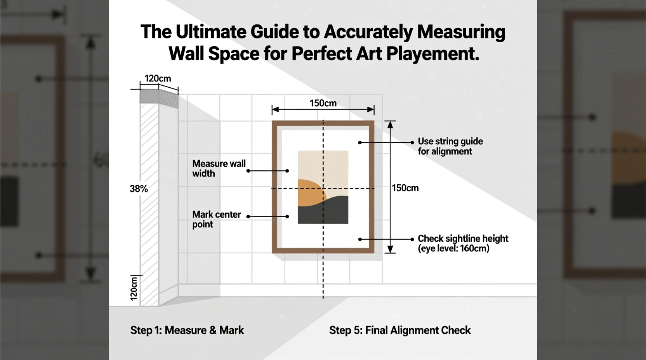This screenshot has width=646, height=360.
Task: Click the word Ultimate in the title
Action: click(210, 32)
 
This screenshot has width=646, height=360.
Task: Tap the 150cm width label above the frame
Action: click(323, 103)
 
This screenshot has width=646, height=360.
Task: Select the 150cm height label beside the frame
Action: click(405, 188)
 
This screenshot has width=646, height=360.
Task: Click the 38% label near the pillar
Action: click(139, 189)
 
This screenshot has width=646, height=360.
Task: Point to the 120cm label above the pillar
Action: click(158, 78)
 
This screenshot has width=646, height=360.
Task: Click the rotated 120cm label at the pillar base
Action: click(134, 289)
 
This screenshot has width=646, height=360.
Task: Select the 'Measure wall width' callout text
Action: click(219, 168)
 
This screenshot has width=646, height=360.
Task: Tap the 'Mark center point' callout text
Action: click(216, 219)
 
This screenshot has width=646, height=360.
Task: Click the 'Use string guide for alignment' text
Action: click(450, 146)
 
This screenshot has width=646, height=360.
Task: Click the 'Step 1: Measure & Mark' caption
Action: click(187, 330)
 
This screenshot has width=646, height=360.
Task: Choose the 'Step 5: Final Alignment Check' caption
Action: click(399, 330)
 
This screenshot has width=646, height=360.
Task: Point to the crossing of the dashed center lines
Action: click(323, 189)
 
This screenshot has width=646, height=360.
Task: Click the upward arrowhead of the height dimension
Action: click(390, 125)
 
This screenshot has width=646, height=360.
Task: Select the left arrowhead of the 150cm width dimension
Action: click(275, 110)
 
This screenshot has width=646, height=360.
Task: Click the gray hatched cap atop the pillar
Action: click(158, 97)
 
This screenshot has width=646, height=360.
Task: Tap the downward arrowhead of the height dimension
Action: click(390, 249)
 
